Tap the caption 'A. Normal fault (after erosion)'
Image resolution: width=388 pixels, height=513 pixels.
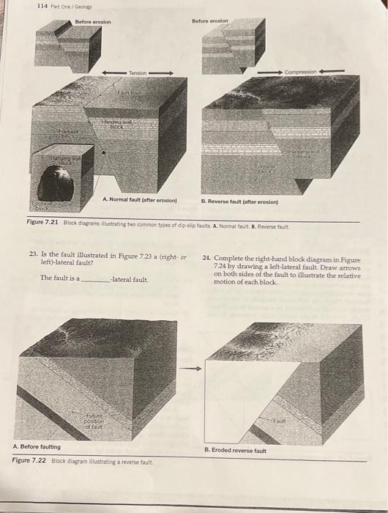point(140,199)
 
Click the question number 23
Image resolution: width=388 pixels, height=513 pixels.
point(45,256)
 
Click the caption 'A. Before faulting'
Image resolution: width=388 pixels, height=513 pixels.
point(37,446)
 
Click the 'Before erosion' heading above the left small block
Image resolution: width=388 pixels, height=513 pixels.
point(92,22)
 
